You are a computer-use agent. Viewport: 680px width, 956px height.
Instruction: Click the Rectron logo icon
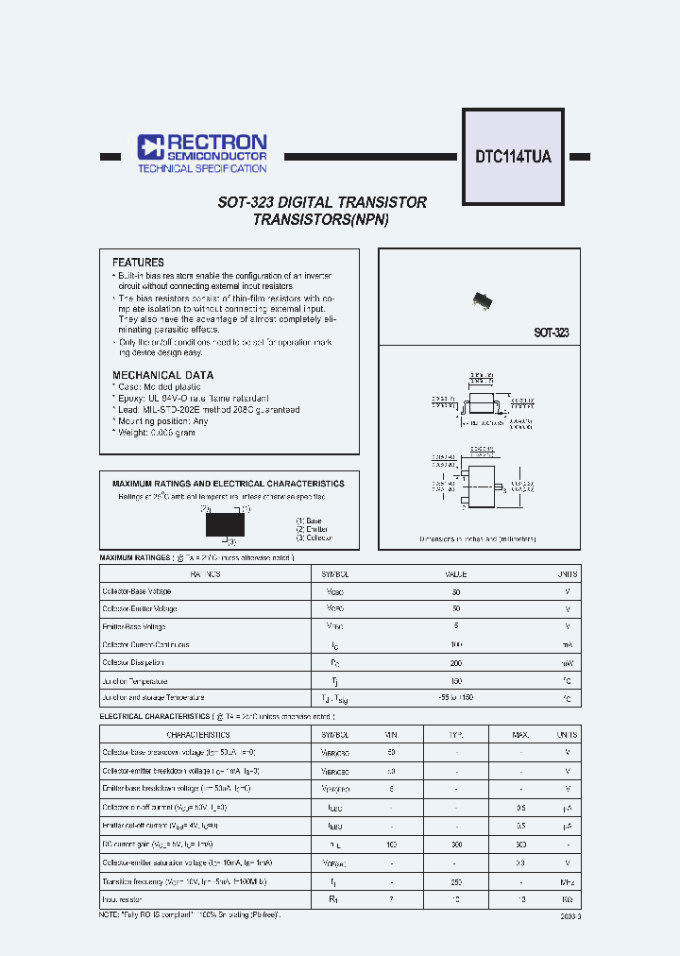(151, 146)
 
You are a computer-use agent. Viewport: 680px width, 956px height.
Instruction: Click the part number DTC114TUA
(513, 158)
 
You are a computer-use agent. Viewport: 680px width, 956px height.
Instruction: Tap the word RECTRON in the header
(216, 142)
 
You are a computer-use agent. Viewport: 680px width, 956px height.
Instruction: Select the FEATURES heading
(138, 263)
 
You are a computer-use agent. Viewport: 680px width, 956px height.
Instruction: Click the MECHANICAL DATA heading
(162, 375)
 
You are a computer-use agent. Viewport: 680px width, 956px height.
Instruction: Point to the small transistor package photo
(484, 300)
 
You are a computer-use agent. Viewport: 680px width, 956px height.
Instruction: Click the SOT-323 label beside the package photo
(551, 333)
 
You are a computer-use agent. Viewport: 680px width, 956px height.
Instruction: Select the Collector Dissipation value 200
(456, 663)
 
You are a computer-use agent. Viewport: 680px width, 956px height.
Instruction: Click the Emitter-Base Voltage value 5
(456, 627)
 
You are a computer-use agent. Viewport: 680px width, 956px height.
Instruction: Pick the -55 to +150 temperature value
(456, 698)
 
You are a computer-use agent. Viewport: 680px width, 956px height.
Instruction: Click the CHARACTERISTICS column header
(198, 734)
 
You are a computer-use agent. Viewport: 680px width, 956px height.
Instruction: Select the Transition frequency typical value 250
(455, 878)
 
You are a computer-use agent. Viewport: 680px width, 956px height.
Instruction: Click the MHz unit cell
(567, 878)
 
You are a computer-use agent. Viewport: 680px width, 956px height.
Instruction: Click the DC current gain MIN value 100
(391, 843)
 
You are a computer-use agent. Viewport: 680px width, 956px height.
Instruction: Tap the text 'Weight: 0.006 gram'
(157, 432)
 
